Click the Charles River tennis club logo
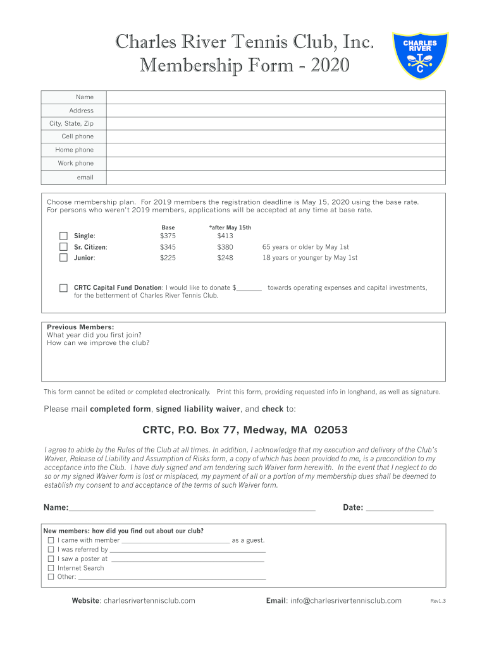tap(420, 56)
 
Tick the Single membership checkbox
tap(63, 236)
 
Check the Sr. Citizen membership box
tap(63, 247)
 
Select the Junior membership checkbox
tap(63, 258)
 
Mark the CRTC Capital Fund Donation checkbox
tap(63, 288)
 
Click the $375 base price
tap(168, 236)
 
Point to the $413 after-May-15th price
tap(225, 236)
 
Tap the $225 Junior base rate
tap(168, 258)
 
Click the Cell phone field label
tap(77, 136)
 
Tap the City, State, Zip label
tap(71, 124)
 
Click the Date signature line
tap(400, 507)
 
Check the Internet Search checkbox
tap(51, 568)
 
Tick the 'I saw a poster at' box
tap(51, 559)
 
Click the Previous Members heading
tap(80, 327)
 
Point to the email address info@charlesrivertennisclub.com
tap(346, 601)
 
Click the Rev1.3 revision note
tap(438, 602)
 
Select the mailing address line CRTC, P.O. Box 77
tap(245, 430)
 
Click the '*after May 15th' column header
tap(230, 227)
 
